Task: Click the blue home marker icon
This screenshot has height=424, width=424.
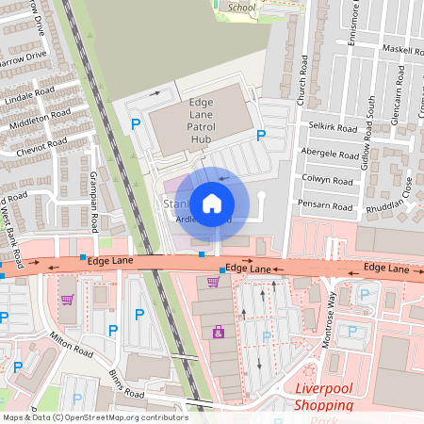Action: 212,203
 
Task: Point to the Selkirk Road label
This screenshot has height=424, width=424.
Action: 334,127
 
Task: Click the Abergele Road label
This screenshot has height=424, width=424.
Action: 329,152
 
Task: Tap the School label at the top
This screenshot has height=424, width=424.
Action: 241,8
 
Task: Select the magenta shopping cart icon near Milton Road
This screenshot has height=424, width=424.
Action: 67,301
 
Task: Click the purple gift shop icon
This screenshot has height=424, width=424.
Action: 219,332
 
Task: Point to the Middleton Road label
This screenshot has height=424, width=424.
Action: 40,118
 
